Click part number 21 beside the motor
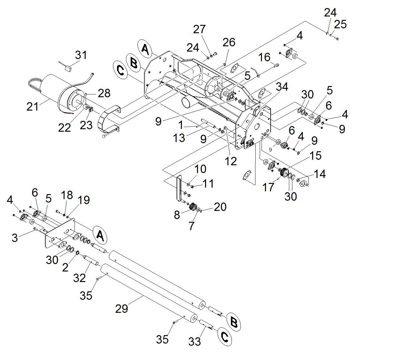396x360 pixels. point(32,107)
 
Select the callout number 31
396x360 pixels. point(81,55)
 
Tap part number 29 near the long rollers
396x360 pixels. point(121,308)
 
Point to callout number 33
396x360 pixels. point(195,341)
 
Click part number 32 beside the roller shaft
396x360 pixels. point(79,278)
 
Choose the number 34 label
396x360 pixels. point(282,87)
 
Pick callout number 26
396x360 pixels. point(229,42)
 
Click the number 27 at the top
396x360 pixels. point(199,29)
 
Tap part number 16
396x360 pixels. point(264,57)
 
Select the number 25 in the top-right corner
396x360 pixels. point(340,24)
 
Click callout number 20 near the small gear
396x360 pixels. point(220,207)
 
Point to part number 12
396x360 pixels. point(231,161)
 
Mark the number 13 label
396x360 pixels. point(179,138)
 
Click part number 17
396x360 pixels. point(268,187)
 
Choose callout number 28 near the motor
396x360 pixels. point(104,93)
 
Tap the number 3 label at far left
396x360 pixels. point(15,238)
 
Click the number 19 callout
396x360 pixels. point(84,200)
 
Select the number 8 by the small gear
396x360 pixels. point(177,215)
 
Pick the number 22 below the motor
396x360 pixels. point(65,127)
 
